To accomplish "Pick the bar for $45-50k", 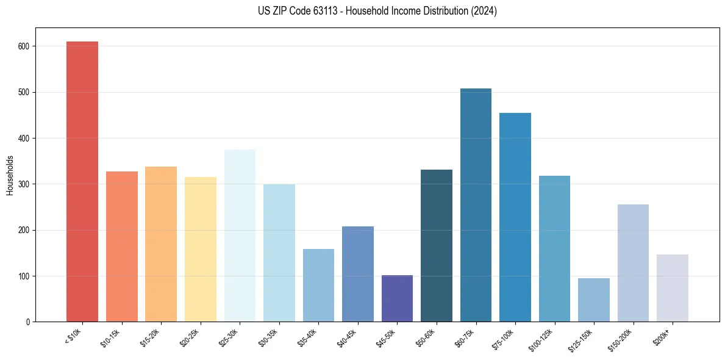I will [397, 298].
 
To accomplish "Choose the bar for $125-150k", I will [593, 300].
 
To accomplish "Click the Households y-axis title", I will [10, 175].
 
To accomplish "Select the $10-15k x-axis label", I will [111, 337].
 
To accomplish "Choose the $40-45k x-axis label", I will [347, 337].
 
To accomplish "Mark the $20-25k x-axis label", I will [190, 337].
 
